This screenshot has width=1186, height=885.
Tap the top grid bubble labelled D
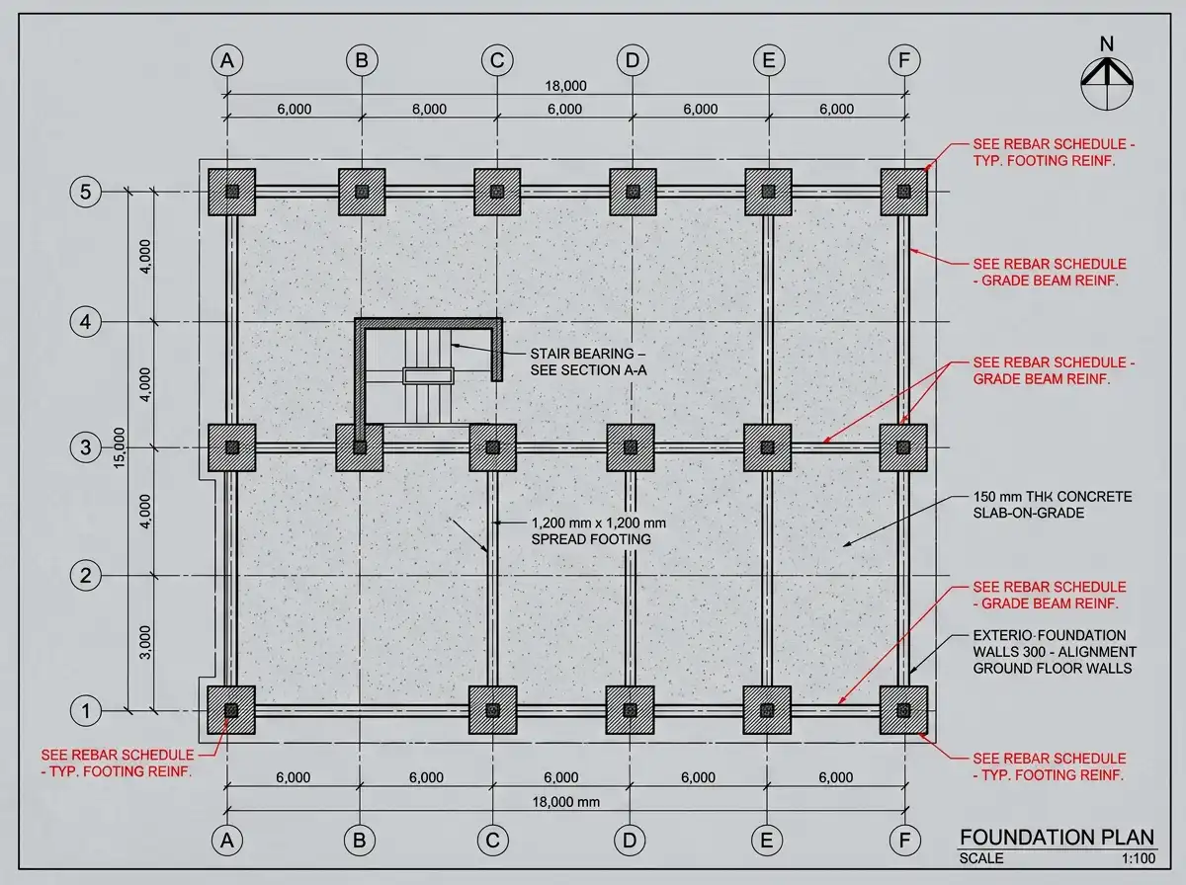(x=633, y=60)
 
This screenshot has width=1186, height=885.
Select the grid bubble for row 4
(x=85, y=322)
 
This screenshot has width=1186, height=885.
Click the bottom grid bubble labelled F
(x=904, y=841)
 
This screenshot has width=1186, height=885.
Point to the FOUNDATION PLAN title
(x=1057, y=838)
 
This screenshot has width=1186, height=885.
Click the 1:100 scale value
(x=1139, y=858)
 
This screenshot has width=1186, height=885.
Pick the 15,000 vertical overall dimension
(x=120, y=447)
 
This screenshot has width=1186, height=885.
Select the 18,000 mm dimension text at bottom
(x=565, y=802)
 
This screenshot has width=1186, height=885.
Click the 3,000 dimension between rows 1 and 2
(x=145, y=642)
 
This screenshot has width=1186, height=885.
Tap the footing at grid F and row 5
(x=904, y=192)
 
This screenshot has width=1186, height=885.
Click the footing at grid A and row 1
(x=231, y=710)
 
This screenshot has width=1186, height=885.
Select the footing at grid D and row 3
(x=631, y=447)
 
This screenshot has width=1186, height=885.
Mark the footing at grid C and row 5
(x=497, y=192)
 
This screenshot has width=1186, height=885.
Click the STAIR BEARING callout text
(x=588, y=362)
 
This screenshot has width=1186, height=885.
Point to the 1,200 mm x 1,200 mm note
(x=599, y=530)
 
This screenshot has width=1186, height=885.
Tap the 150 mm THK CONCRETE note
(x=1053, y=505)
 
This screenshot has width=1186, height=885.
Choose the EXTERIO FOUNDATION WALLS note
(x=1055, y=652)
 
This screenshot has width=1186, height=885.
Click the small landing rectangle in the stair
(x=428, y=375)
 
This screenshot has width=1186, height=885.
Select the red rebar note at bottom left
(x=118, y=763)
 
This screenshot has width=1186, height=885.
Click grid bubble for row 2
(x=85, y=576)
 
